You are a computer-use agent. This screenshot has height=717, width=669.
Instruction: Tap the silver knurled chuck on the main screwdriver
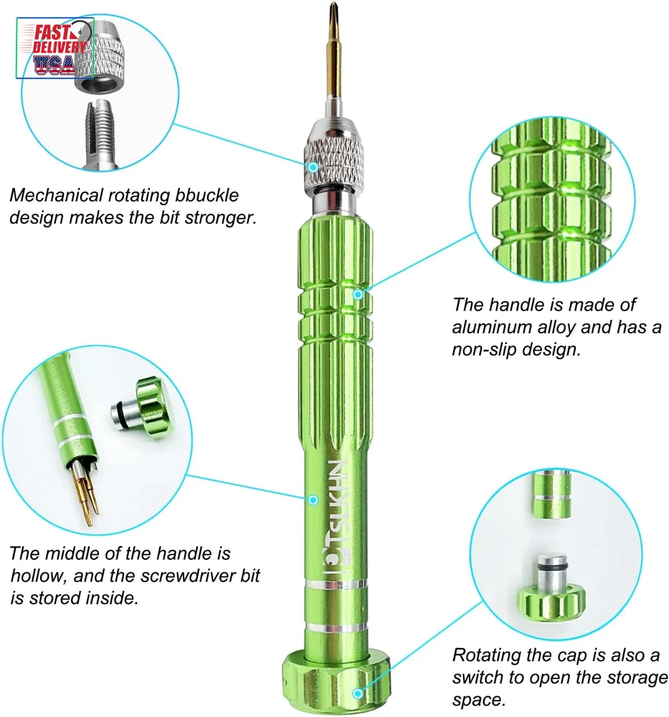pos(334,158)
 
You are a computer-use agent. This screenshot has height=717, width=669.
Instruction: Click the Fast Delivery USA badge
pos(55,48)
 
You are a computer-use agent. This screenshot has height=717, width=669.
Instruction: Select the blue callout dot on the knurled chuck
pos(313,167)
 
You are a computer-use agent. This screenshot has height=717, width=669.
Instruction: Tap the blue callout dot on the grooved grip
pos(358,295)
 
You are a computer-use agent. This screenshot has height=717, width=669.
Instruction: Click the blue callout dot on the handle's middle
pos(313,500)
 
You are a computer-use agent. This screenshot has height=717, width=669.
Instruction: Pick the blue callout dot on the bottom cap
pos(358,693)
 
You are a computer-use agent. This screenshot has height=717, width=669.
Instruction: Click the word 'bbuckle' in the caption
pos(207,195)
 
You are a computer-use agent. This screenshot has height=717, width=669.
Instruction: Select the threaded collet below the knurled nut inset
pos(101,135)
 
